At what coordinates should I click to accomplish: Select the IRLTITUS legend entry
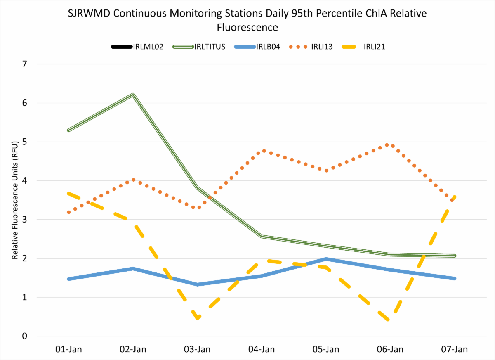(x=210, y=47)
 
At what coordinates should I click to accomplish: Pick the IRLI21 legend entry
(x=374, y=47)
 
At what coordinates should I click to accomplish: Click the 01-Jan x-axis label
(x=69, y=349)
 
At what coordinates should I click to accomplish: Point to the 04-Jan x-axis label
(x=262, y=349)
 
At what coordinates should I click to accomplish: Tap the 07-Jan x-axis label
(x=454, y=349)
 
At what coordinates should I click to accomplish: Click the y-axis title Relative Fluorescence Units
(x=15, y=200)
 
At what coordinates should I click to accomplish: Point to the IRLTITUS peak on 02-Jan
(x=133, y=95)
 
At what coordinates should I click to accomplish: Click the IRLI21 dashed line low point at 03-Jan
(x=198, y=317)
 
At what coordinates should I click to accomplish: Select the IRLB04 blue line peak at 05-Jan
(x=326, y=259)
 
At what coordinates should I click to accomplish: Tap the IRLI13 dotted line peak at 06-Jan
(x=387, y=145)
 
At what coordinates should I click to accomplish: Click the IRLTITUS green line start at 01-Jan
(x=69, y=130)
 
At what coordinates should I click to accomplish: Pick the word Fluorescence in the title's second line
(x=247, y=28)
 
